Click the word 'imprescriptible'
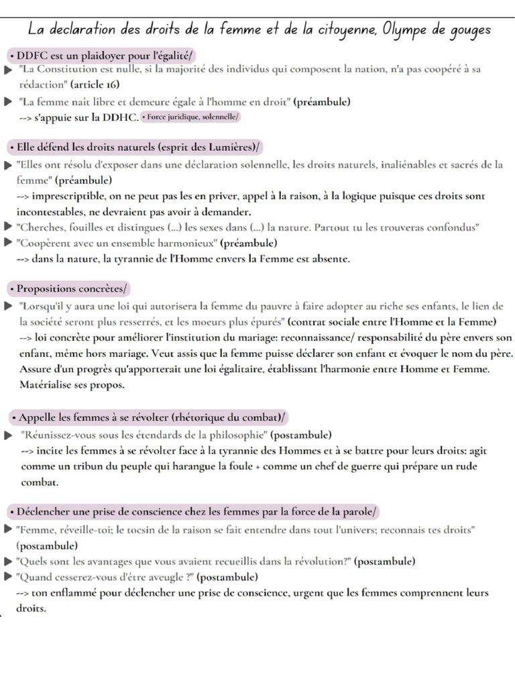coord(66,197)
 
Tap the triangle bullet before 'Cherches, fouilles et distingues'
coord(7,227)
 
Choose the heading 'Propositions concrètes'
coord(68,288)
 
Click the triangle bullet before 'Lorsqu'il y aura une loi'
coord(7,305)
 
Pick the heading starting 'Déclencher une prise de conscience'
coord(194,512)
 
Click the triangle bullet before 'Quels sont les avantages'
coord(7,561)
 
